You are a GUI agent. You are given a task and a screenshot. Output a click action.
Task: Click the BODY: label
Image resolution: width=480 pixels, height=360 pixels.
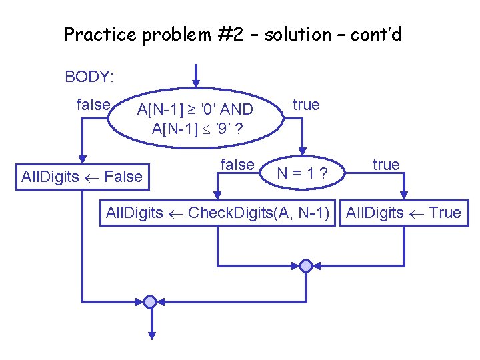coord(89,77)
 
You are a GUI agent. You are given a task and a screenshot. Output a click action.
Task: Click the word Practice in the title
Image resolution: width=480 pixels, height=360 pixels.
coord(101,35)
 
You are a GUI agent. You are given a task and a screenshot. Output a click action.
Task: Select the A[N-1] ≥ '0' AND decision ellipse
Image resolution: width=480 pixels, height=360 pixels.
coord(195,118)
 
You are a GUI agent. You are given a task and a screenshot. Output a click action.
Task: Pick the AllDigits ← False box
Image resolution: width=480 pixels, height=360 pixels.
coord(82,177)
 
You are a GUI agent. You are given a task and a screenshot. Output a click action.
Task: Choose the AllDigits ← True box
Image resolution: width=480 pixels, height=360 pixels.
coord(403,213)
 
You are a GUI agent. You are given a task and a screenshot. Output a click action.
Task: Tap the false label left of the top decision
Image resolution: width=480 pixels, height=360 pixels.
coord(93,105)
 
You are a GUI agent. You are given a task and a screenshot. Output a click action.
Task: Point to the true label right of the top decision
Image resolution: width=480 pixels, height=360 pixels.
coord(306,105)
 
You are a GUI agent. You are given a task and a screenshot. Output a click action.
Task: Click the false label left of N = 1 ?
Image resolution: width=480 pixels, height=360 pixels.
coord(237,164)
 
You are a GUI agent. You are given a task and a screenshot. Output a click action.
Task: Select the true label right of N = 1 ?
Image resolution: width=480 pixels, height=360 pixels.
coord(386,164)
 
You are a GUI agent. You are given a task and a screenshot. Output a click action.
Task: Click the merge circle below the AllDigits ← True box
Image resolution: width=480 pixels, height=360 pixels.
coord(305,266)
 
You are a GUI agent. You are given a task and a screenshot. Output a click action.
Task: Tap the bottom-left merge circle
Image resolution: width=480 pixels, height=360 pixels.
coord(151,302)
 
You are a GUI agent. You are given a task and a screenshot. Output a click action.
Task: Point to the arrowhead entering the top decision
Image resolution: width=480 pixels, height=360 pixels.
coord(195,83)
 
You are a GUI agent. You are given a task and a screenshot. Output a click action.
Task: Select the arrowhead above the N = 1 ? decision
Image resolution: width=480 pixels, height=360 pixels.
coord(305,149)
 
